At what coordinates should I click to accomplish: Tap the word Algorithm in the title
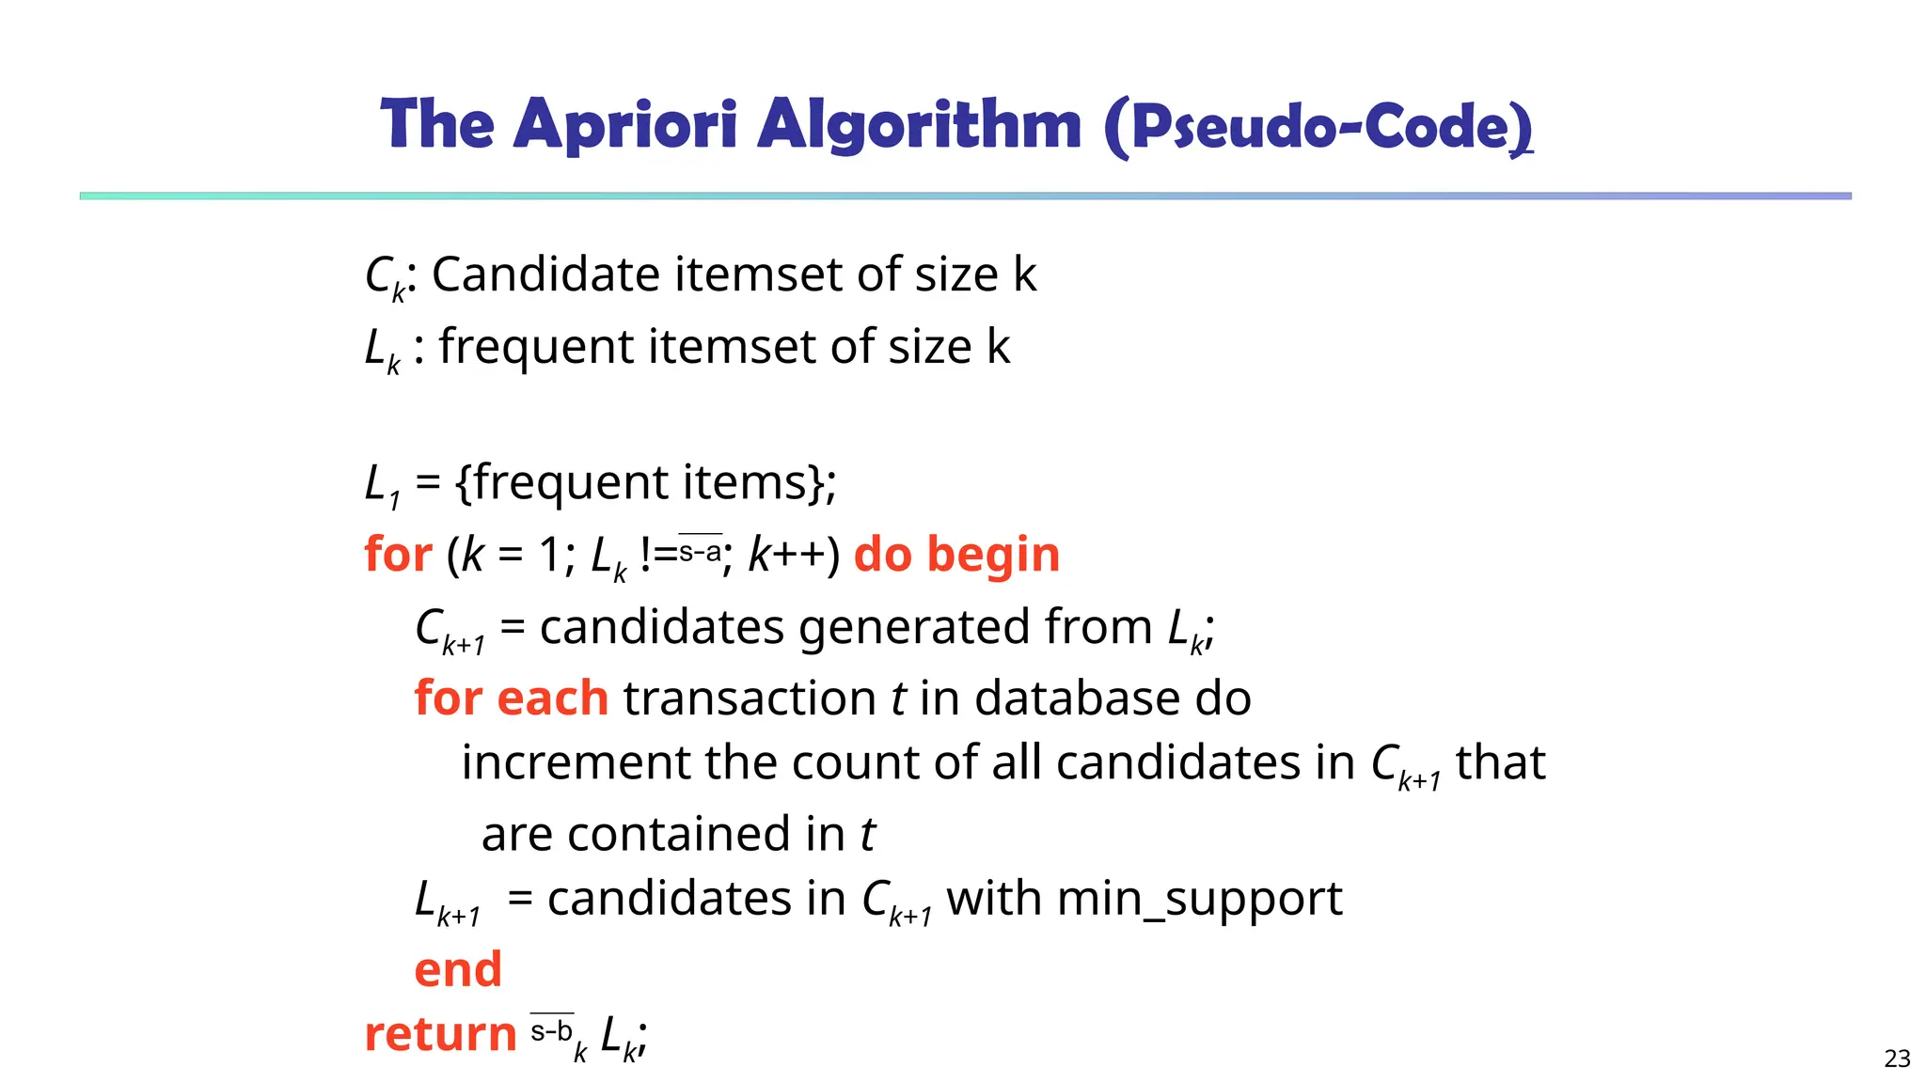[x=919, y=125]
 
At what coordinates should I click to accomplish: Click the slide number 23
[x=1897, y=1059]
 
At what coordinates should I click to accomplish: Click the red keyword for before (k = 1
[x=398, y=554]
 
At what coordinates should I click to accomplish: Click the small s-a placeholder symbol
[x=701, y=551]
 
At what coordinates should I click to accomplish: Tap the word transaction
[x=750, y=698]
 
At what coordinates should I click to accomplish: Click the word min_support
[x=1199, y=899]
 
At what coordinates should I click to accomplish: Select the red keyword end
[x=458, y=969]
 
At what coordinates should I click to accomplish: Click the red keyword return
[x=440, y=1034]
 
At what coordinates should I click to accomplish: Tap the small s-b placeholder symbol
[x=552, y=1031]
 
